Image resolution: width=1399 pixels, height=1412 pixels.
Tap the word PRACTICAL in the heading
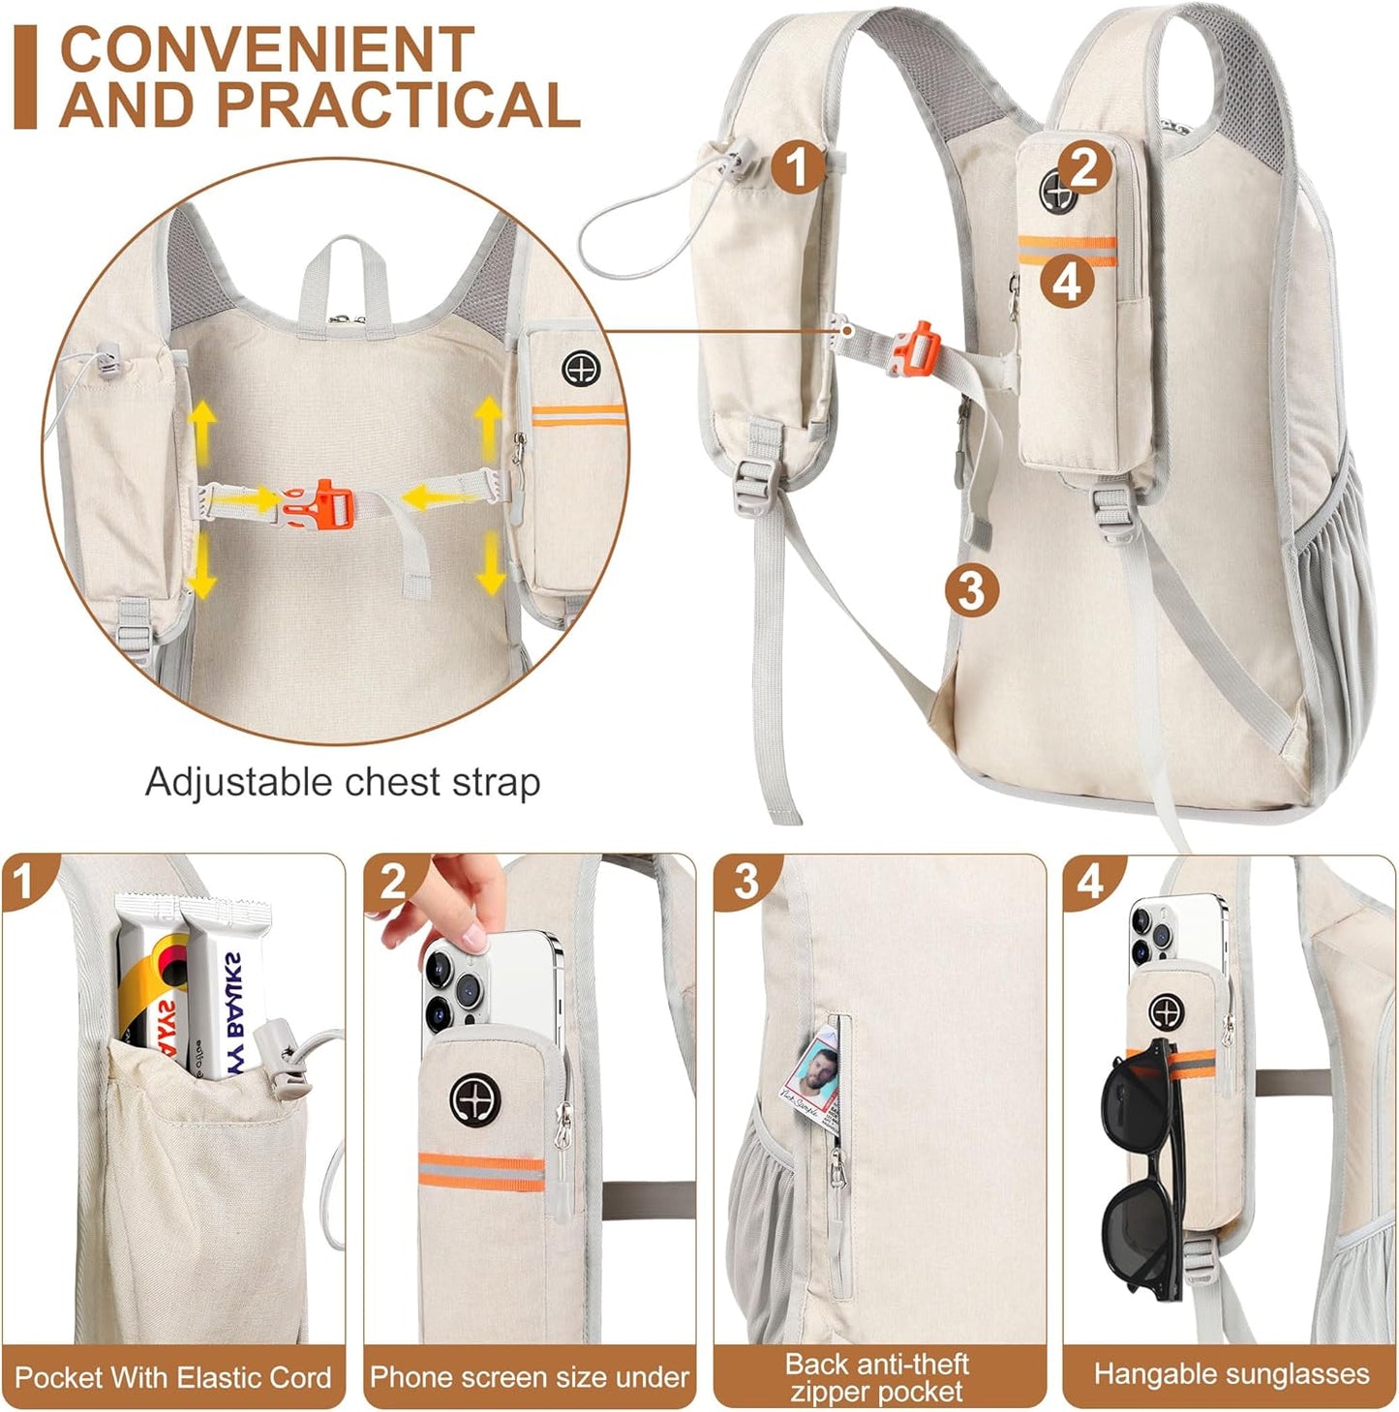[398, 105]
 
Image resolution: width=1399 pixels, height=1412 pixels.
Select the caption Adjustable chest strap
[343, 782]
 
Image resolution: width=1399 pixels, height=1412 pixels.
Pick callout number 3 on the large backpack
[971, 588]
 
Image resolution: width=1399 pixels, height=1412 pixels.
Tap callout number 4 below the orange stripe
[1067, 283]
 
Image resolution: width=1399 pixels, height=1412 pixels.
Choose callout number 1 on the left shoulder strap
[798, 166]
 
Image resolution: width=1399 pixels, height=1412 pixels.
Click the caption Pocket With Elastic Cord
[173, 1377]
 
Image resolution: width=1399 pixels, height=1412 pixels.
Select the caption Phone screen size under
[530, 1377]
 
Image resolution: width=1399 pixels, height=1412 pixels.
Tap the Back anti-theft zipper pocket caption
[877, 1377]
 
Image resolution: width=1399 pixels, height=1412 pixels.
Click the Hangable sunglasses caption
[1232, 1374]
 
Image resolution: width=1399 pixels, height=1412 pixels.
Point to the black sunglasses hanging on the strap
[1142, 1161]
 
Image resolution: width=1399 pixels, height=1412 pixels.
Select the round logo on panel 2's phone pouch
[474, 1099]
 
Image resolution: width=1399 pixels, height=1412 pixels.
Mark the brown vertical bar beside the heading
[25, 77]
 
